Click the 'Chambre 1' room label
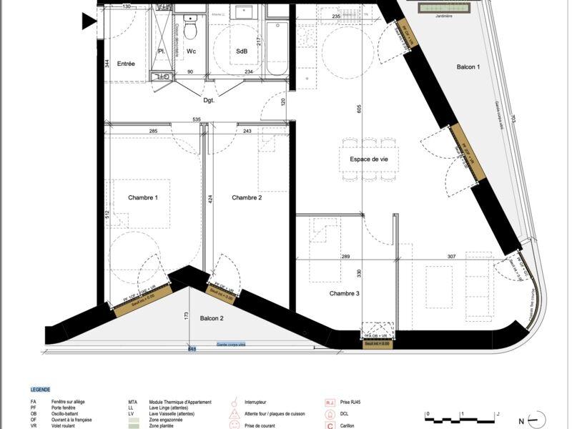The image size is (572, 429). click(142, 197)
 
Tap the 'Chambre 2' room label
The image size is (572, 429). click(247, 197)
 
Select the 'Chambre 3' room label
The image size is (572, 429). click(345, 293)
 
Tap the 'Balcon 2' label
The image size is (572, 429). click(213, 317)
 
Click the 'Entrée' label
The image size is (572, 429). click(126, 64)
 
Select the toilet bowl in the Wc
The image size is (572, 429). click(190, 30)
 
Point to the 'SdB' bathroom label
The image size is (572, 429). click(242, 52)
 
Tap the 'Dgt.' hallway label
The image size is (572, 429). click(209, 100)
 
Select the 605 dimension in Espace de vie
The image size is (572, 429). click(360, 108)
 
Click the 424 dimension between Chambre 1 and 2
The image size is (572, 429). click(210, 199)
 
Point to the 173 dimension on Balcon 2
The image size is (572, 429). click(185, 315)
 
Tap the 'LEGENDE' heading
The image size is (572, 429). click(40, 390)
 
